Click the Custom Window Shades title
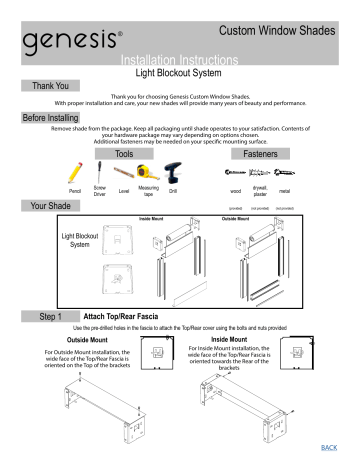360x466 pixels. tap(283, 34)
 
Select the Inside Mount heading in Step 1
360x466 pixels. tap(232, 338)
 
